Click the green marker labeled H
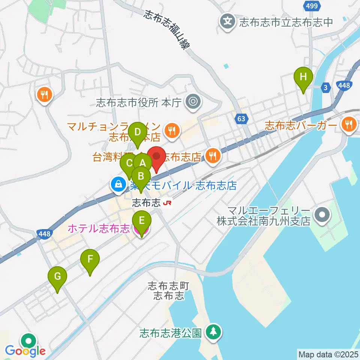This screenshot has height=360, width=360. (304, 77)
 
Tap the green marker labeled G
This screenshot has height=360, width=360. (57, 277)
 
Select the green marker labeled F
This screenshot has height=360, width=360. (90, 259)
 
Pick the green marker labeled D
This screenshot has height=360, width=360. (138, 132)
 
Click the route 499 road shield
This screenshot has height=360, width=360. (311, 6)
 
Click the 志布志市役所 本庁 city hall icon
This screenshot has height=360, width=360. (193, 101)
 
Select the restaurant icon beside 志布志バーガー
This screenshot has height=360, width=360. (349, 124)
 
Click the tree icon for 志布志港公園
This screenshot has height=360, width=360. (213, 332)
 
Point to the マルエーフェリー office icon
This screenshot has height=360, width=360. (322, 215)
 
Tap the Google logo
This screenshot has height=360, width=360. (25, 351)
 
